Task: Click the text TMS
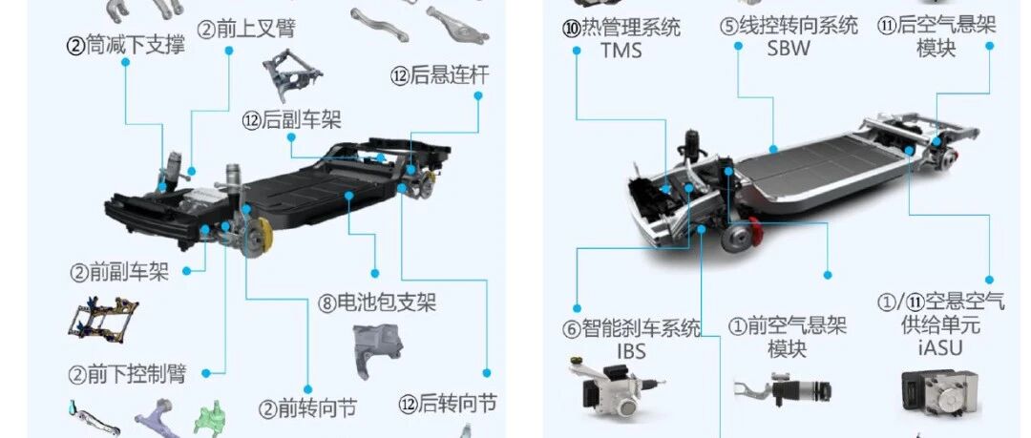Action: click(x=621, y=51)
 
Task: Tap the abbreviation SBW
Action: click(x=789, y=48)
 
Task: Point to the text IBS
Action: click(x=631, y=351)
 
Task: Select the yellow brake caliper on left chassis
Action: click(x=263, y=235)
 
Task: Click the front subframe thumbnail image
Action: click(x=103, y=317)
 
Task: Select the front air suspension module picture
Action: click(x=782, y=390)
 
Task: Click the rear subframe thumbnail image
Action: click(x=292, y=74)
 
